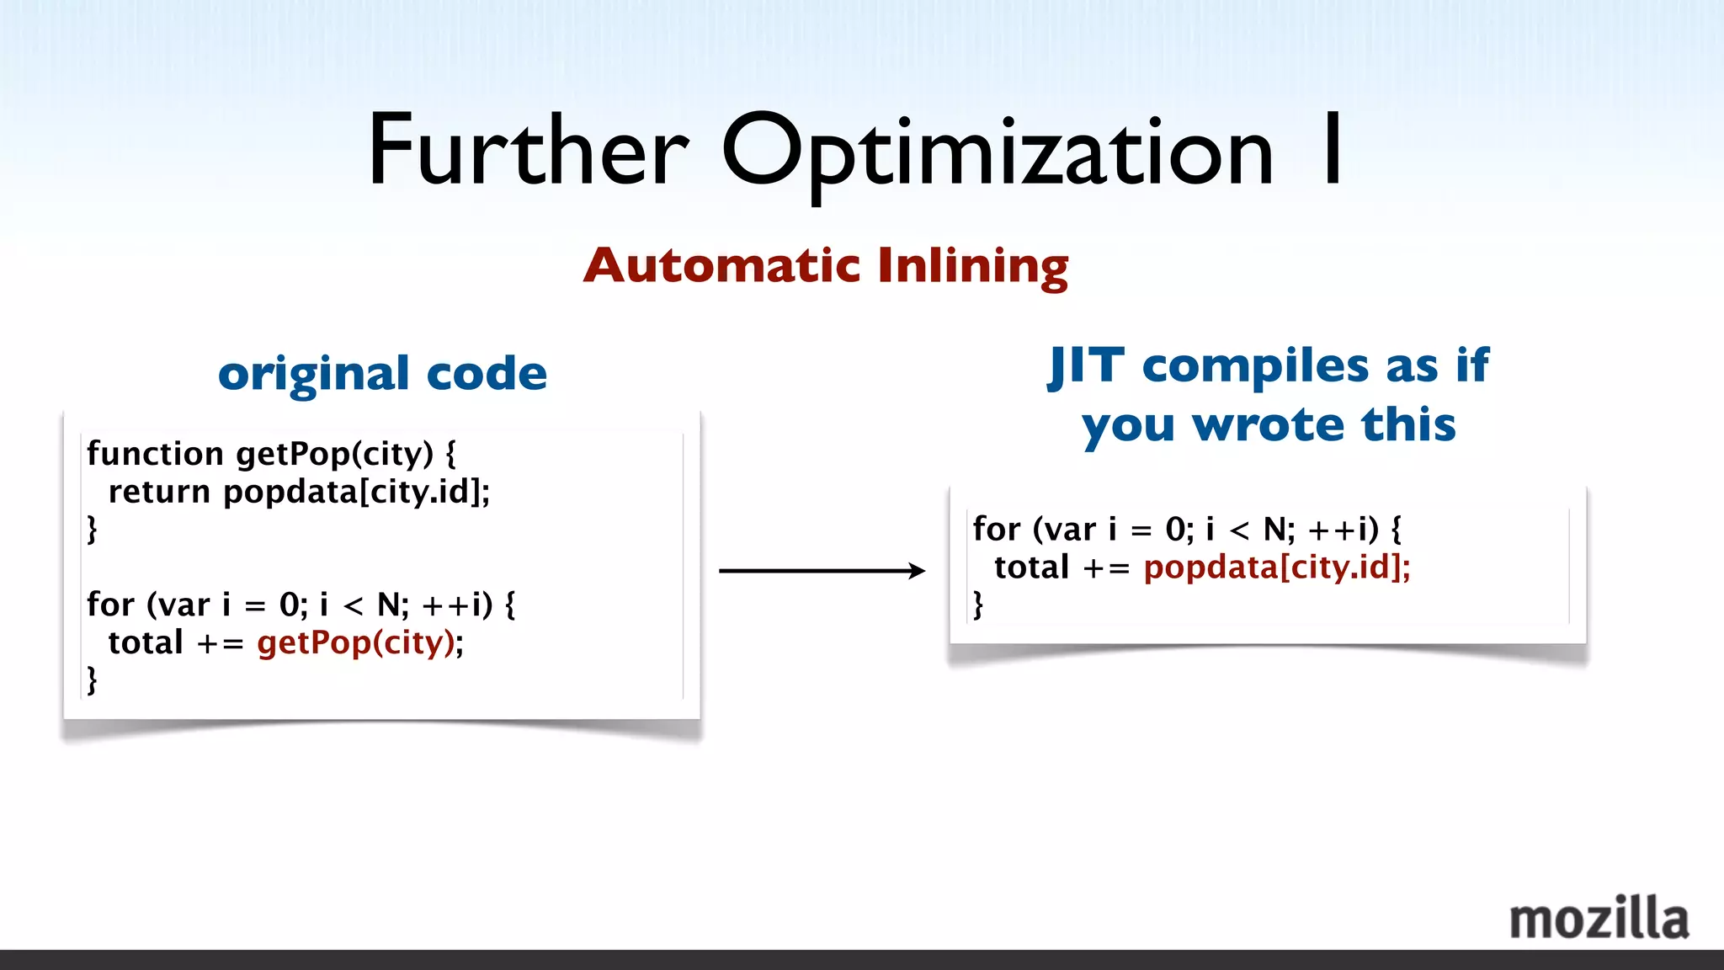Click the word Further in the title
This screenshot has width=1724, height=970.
(x=528, y=152)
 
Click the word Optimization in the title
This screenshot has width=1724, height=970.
(x=997, y=152)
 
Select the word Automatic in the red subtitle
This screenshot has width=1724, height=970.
(x=721, y=266)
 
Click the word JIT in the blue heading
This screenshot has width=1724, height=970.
(x=1086, y=365)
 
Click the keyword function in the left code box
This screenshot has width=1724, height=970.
(x=155, y=454)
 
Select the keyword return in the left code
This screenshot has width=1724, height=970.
(x=159, y=492)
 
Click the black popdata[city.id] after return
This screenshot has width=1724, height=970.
(x=354, y=492)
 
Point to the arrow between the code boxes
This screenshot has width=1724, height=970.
(x=821, y=571)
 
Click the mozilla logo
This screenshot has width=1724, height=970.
(x=1599, y=919)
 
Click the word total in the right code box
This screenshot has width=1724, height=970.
(x=1032, y=568)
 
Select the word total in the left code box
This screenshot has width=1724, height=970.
(x=146, y=643)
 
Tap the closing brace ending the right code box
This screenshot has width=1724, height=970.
(x=978, y=605)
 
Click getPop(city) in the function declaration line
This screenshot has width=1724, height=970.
(x=334, y=454)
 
